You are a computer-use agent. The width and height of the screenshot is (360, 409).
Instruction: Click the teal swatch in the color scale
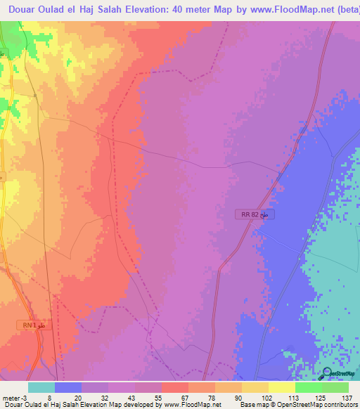coord(41,387)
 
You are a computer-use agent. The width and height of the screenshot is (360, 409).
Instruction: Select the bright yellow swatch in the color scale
coord(282,387)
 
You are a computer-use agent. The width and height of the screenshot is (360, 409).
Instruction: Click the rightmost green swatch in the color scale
coord(335,387)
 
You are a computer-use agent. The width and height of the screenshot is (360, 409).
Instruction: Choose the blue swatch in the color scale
coord(68,387)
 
